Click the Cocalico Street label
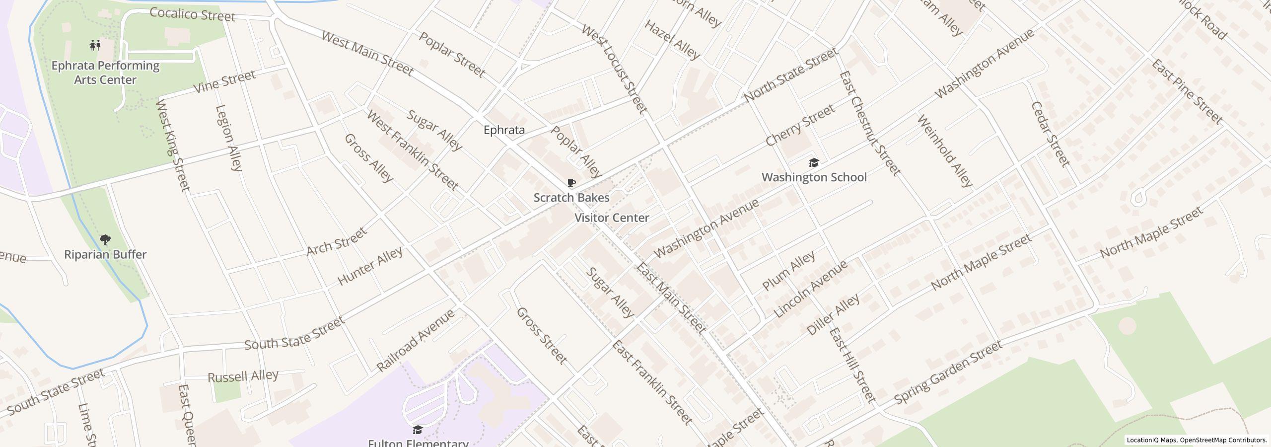click(x=192, y=14)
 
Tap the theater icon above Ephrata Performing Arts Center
click(x=95, y=45)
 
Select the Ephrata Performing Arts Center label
click(x=105, y=73)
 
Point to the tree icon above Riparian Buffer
click(x=105, y=240)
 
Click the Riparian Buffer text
click(x=105, y=255)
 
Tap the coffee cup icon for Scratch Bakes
click(x=571, y=183)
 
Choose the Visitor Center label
click(x=612, y=218)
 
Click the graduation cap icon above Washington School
click(x=814, y=162)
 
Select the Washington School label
click(x=814, y=177)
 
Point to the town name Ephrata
click(x=504, y=130)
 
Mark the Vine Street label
click(x=224, y=81)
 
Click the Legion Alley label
click(x=229, y=138)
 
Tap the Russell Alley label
click(x=243, y=376)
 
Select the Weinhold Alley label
click(x=945, y=151)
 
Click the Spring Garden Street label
click(x=948, y=373)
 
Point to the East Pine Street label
click(x=1186, y=91)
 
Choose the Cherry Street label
click(x=800, y=126)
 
